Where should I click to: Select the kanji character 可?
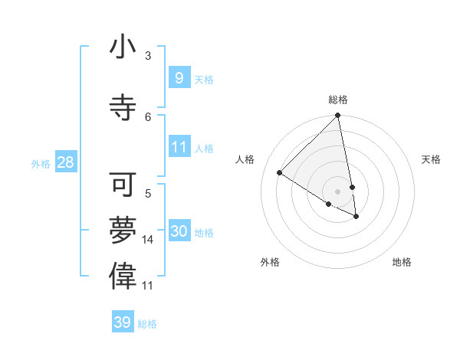(123, 185)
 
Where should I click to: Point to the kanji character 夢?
(123, 231)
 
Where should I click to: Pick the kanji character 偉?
(123, 277)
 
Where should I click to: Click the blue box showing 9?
(179, 77)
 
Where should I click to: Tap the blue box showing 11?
(179, 147)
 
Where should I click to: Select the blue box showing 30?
(179, 231)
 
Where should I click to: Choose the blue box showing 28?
(65, 162)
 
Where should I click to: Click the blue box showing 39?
(122, 322)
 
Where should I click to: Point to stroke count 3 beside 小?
(148, 56)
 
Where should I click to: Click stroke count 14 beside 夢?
(148, 240)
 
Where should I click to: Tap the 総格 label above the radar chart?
(338, 100)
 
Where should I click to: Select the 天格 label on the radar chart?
(431, 159)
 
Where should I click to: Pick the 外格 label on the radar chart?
(270, 262)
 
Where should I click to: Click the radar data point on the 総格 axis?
(338, 116)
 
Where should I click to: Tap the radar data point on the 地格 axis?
(356, 217)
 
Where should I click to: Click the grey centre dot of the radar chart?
(338, 191)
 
